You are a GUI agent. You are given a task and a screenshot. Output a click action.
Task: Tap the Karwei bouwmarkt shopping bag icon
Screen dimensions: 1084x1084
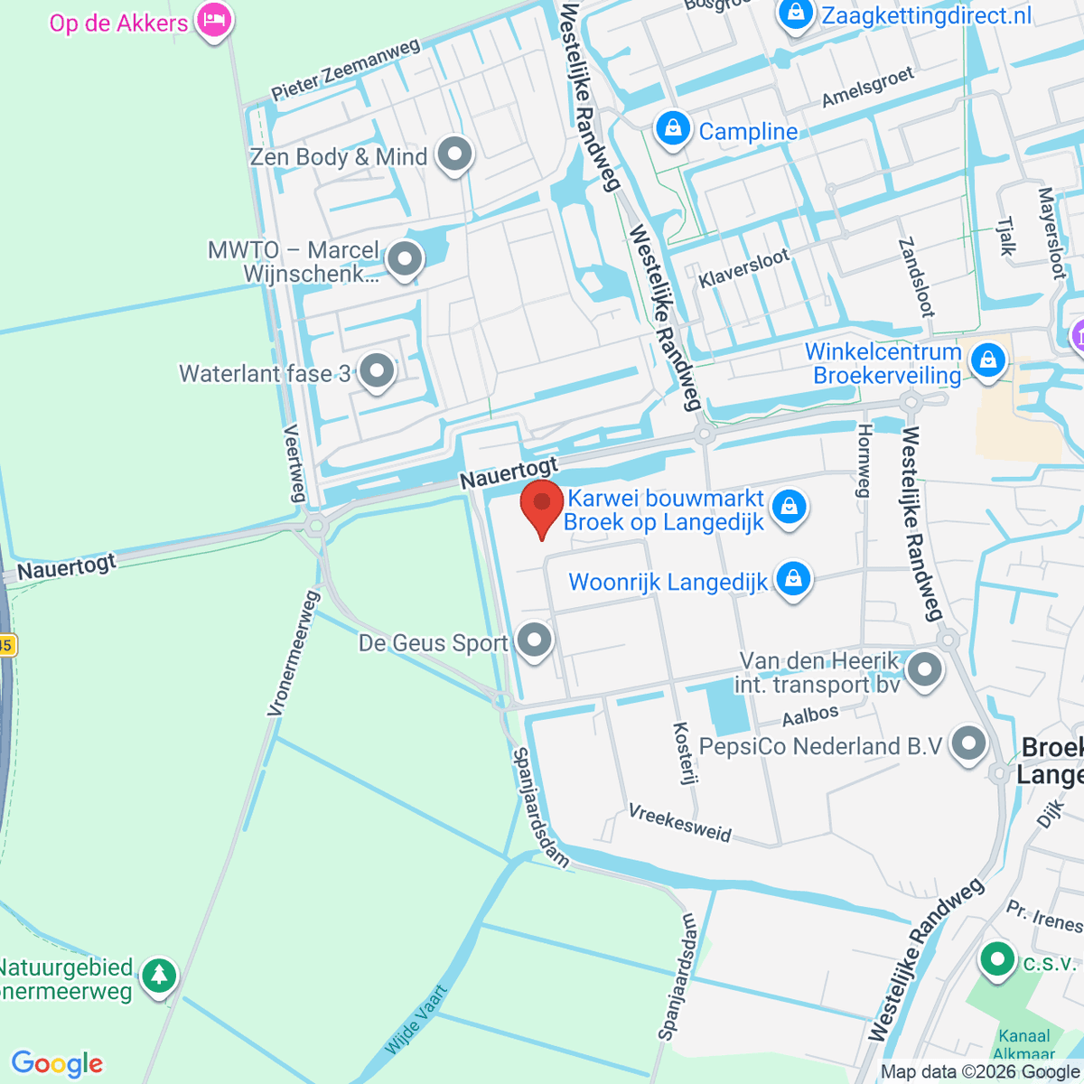790,507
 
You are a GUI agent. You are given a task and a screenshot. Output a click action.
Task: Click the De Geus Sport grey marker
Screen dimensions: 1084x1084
536,640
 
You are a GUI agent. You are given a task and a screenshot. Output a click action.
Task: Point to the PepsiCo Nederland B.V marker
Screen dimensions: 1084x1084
969,743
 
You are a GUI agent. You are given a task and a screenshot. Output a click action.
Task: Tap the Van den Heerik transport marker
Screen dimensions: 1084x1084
924,670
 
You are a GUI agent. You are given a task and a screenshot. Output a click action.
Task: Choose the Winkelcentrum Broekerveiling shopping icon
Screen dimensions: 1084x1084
988,360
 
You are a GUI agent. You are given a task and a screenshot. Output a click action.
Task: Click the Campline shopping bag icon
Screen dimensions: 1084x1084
673,129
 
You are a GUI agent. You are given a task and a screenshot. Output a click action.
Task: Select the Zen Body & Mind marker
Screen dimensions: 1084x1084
454,154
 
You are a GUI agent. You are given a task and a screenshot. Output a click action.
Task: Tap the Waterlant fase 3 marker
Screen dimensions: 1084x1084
377,370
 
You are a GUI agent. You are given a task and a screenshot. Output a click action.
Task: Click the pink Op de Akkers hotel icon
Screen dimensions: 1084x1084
214,20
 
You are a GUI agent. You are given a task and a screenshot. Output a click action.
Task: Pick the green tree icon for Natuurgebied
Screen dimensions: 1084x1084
160,976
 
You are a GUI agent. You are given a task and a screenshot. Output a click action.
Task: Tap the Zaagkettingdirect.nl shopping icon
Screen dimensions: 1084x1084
796,14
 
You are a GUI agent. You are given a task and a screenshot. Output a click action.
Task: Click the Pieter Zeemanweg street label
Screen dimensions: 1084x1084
346,70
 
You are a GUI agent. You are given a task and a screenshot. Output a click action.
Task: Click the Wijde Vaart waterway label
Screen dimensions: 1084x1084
416,1021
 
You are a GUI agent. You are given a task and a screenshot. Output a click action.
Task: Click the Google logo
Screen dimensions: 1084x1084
57,1063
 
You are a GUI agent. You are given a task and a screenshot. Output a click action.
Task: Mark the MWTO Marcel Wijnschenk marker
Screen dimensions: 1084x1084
405,260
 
